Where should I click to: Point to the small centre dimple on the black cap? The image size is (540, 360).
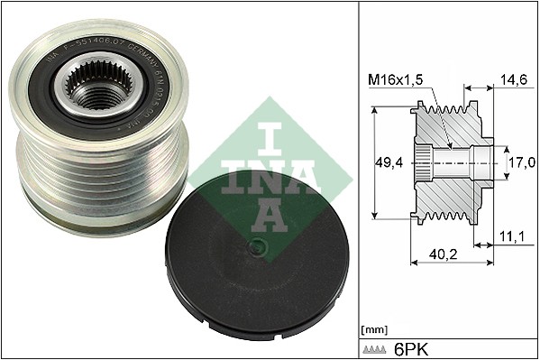(258, 246)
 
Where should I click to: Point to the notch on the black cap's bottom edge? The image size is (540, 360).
(234, 332)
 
